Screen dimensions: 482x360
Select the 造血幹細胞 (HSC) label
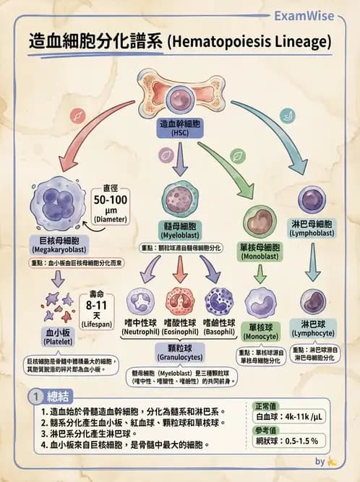coord(180,129)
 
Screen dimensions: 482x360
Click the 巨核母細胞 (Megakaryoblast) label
coord(56,244)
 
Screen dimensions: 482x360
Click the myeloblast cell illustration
coord(181,199)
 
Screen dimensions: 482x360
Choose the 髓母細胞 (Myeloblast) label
coord(181,231)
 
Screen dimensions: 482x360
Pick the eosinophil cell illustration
coord(181,303)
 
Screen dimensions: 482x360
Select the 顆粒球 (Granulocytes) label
coord(180,353)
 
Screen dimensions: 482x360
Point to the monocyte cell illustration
coord(260,303)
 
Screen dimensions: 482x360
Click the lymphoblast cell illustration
coord(312,199)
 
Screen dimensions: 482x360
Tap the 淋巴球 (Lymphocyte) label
coord(312,329)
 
